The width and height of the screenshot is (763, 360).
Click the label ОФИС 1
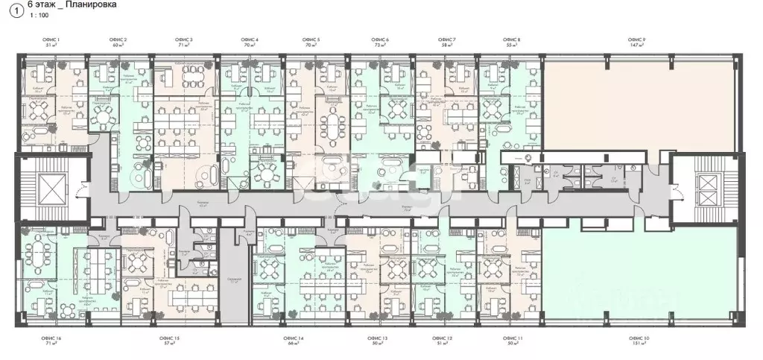[53, 38]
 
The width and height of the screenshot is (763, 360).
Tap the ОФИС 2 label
[119, 38]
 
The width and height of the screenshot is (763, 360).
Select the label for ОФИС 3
[184, 38]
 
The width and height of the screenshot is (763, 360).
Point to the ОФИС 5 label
[313, 38]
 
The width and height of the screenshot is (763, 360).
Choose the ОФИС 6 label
[380, 38]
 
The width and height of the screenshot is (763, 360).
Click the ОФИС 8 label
[512, 38]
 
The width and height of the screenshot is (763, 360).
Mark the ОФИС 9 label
[637, 38]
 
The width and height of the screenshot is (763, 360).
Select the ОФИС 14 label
[294, 339]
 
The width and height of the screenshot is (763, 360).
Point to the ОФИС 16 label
[52, 339]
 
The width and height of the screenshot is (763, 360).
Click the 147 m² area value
[637, 45]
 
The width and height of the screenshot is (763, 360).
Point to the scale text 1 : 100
[37, 16]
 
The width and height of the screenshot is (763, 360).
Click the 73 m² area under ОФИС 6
[380, 45]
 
